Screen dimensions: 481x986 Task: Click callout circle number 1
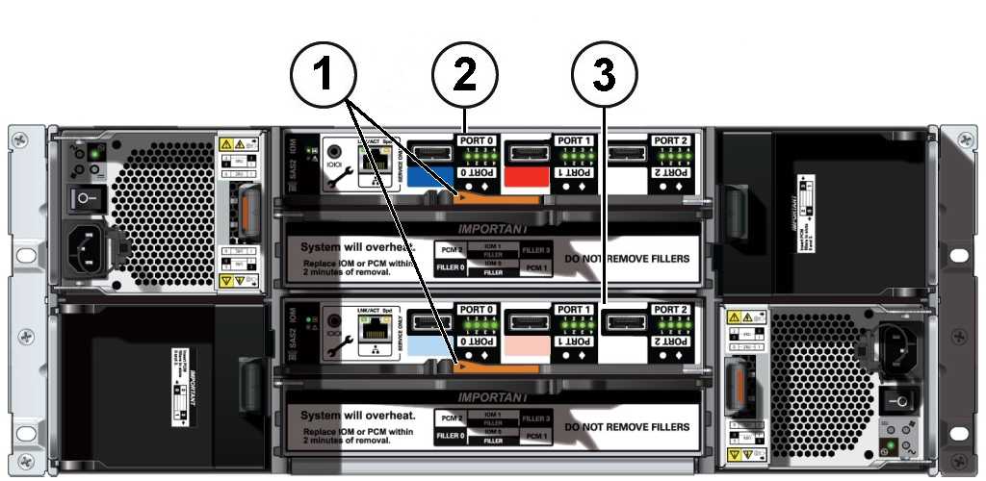pyautogui.click(x=324, y=74)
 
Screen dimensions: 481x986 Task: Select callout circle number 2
pyautogui.click(x=465, y=74)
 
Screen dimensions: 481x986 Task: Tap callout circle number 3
pyautogui.click(x=606, y=74)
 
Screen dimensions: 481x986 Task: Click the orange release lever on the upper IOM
pyautogui.click(x=500, y=198)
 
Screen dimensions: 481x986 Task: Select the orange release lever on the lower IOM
pyautogui.click(x=500, y=366)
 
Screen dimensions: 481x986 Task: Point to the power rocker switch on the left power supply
pyautogui.click(x=87, y=199)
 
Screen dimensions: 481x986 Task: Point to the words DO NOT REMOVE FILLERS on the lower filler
pyautogui.click(x=627, y=425)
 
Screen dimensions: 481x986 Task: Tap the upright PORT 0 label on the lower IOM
pyautogui.click(x=478, y=310)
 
